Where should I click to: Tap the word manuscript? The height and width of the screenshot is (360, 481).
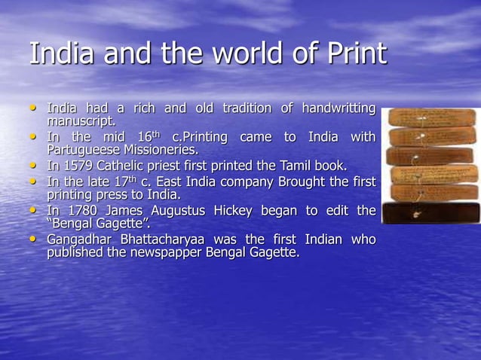(82, 121)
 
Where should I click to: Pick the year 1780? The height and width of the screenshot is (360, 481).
(82, 212)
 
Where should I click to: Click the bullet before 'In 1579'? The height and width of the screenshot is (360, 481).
(32, 166)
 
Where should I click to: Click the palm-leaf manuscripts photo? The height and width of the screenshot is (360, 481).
(430, 166)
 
